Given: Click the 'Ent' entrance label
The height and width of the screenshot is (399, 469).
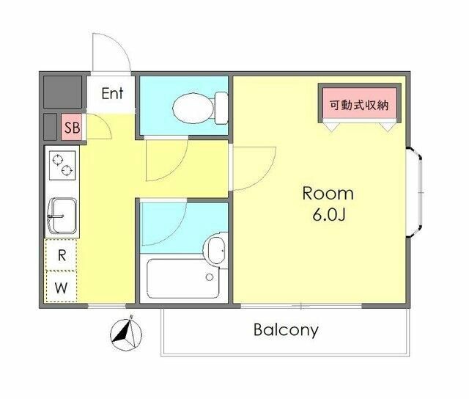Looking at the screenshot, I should point(112,93).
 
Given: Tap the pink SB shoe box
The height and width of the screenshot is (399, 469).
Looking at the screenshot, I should point(72,128).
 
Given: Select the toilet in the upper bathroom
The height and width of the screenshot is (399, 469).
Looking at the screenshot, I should point(193,107).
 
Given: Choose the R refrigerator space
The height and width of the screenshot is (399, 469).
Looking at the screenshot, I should point(62,255).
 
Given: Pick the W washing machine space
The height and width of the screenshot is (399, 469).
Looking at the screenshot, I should point(62,287).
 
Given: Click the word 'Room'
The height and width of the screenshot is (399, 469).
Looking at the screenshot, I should point(328,194).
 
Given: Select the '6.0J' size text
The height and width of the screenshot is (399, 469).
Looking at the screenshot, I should point(328,216).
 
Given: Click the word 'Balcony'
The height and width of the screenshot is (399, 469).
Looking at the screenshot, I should point(286,329).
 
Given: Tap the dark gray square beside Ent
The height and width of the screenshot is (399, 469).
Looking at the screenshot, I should point(62,92).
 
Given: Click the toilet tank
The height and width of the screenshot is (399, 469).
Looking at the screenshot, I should point(220,108).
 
